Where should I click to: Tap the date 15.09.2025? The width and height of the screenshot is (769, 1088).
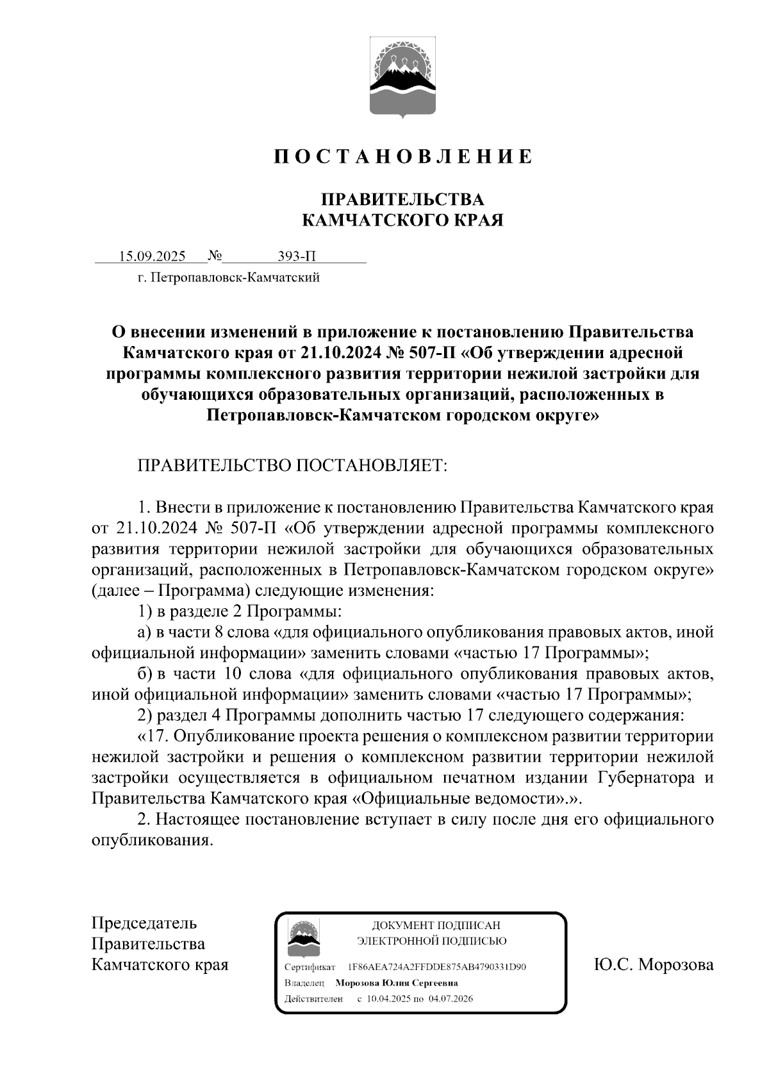pyautogui.click(x=152, y=257)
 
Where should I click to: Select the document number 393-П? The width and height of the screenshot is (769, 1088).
pyautogui.click(x=297, y=257)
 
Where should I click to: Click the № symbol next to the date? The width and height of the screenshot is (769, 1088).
pyautogui.click(x=215, y=257)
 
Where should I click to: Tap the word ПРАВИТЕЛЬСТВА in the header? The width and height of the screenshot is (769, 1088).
pyautogui.click(x=402, y=199)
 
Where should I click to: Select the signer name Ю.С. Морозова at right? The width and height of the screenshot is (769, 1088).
pyautogui.click(x=654, y=964)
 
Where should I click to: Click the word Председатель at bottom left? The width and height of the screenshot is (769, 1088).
pyautogui.click(x=144, y=923)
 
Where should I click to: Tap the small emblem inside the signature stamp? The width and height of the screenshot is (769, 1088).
pyautogui.click(x=303, y=938)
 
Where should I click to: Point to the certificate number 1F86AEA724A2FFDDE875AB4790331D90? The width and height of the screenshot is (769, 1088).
pyautogui.click(x=437, y=967)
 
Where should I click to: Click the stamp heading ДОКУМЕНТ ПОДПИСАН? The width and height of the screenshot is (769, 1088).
pyautogui.click(x=436, y=925)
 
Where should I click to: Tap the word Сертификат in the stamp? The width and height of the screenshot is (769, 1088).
pyautogui.click(x=310, y=967)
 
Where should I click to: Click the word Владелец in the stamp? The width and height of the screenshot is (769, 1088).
pyautogui.click(x=304, y=983)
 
